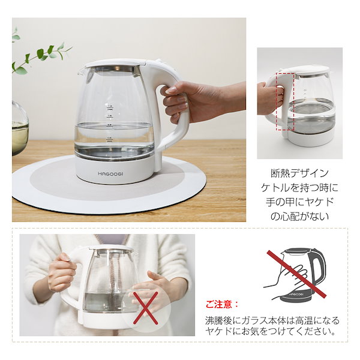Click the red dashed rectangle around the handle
[x=285, y=102]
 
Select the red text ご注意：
[x=223, y=304]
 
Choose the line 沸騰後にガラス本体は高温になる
[x=272, y=320]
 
